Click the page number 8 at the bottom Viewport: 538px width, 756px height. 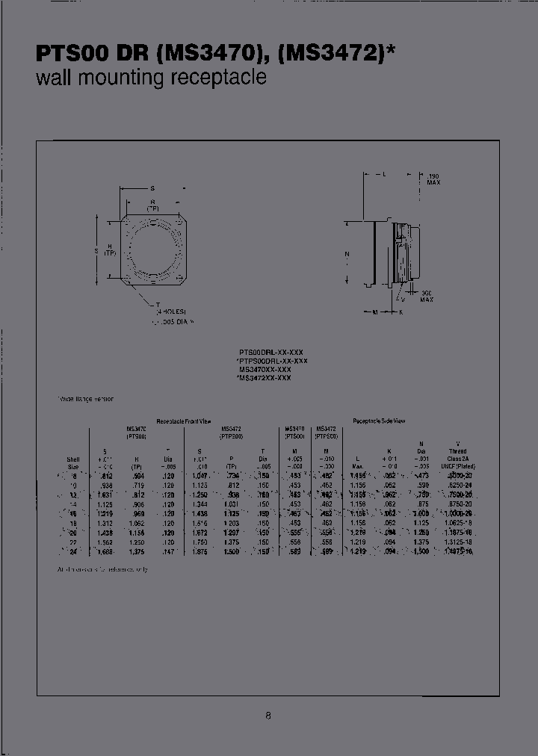pos(268,716)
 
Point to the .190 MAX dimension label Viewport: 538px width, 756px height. pos(434,179)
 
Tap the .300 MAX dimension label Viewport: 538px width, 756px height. pos(427,296)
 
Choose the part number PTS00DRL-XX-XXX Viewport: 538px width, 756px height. pos(270,352)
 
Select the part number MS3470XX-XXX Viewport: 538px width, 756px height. pos(265,369)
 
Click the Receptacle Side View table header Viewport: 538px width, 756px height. pos(379,421)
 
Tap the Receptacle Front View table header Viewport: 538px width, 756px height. pos(183,421)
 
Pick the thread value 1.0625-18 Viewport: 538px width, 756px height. pos(458,523)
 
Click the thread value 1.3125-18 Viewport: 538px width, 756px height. pos(458,543)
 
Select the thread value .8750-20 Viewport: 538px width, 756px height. pos(458,504)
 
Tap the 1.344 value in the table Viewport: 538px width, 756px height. pos(200,504)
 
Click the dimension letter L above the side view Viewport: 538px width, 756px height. pos(383,174)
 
